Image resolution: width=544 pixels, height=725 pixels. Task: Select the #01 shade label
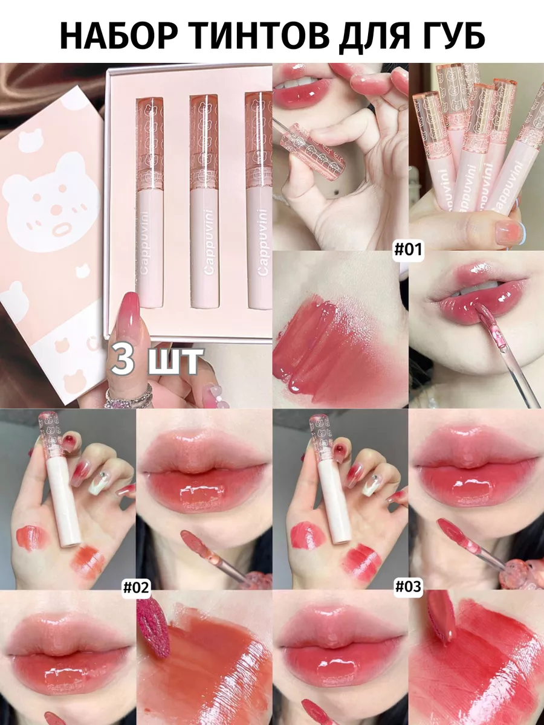tap(408, 249)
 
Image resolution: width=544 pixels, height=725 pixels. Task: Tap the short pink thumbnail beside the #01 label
tap(511, 232)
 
